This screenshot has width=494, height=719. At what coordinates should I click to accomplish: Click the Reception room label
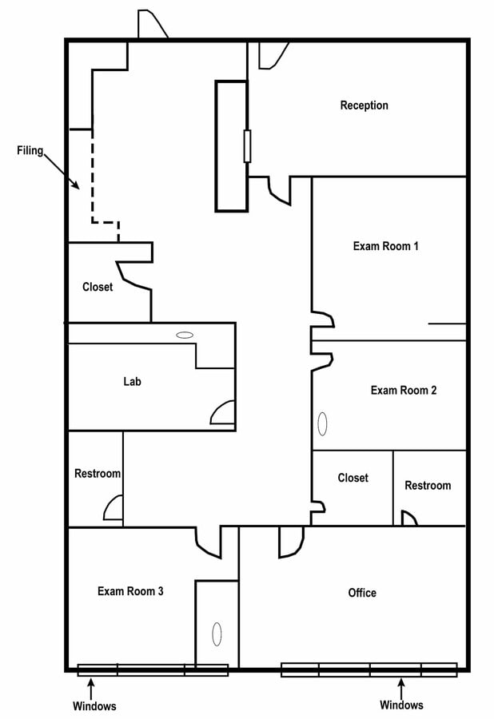tap(364, 105)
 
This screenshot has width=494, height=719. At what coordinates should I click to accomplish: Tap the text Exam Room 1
tap(385, 246)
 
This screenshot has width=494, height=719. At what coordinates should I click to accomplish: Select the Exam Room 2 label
tap(403, 391)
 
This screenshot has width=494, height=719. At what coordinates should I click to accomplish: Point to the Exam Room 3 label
tap(130, 591)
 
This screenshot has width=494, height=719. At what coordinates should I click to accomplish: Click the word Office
tap(361, 593)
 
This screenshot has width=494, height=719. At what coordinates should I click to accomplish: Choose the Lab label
tap(132, 382)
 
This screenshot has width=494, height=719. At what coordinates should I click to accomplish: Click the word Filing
tap(30, 150)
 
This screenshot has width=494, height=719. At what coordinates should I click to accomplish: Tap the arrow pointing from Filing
tap(62, 171)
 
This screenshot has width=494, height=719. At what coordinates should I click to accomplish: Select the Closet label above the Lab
tap(98, 287)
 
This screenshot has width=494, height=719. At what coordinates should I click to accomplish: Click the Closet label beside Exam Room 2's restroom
tap(353, 478)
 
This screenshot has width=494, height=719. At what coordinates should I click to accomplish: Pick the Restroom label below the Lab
tap(98, 474)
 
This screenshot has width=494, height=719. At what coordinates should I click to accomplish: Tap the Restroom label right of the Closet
tap(427, 486)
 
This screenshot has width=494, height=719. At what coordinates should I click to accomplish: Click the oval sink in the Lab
tap(185, 335)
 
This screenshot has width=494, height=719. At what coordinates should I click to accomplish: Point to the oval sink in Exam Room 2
tap(322, 423)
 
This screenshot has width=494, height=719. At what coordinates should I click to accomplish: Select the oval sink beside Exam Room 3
tap(216, 634)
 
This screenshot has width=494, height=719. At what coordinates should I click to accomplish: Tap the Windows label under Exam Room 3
tap(94, 706)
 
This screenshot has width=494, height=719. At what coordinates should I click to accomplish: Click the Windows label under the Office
tap(401, 705)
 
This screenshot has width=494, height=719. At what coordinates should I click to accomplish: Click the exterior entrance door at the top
tap(152, 26)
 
